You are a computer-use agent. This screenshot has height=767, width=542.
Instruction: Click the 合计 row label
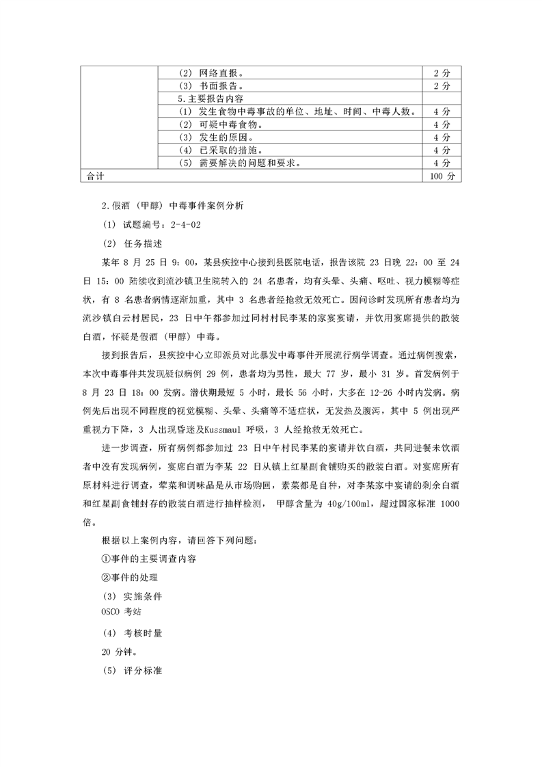[x=96, y=176]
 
